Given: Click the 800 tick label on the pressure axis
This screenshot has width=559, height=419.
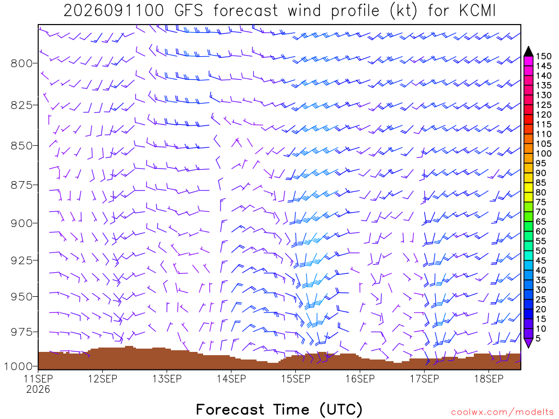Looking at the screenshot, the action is click(21, 63).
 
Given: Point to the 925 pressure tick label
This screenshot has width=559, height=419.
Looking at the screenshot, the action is click(21, 260).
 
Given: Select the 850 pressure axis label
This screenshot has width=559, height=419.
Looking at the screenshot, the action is click(21, 146).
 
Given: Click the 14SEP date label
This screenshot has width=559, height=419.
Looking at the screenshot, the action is click(231, 379).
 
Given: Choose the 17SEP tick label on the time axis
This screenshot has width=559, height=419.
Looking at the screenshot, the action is click(425, 379).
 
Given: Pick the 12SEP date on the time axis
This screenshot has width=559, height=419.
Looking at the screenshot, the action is click(103, 379).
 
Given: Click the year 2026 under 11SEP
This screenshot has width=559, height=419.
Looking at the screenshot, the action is click(38, 390).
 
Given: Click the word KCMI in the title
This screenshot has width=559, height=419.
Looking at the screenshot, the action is click(478, 11).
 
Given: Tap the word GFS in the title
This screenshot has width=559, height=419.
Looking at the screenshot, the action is click(189, 11).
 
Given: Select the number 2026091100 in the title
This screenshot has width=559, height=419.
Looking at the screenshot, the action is click(114, 11).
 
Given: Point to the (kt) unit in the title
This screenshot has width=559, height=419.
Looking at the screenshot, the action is click(403, 11).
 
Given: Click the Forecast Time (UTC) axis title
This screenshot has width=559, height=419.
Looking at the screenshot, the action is click(279, 410).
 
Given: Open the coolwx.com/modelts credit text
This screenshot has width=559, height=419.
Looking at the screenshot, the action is click(502, 412).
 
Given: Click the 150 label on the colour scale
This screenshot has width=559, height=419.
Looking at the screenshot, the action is click(544, 56).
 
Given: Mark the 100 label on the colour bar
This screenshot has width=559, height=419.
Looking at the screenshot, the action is click(544, 153).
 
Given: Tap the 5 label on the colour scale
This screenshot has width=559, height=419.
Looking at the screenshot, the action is click(538, 338).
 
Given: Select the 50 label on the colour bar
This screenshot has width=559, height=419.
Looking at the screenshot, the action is click(541, 251).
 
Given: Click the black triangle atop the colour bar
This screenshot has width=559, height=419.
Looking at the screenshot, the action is click(528, 52).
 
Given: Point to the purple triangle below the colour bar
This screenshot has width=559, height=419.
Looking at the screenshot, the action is click(528, 343).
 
